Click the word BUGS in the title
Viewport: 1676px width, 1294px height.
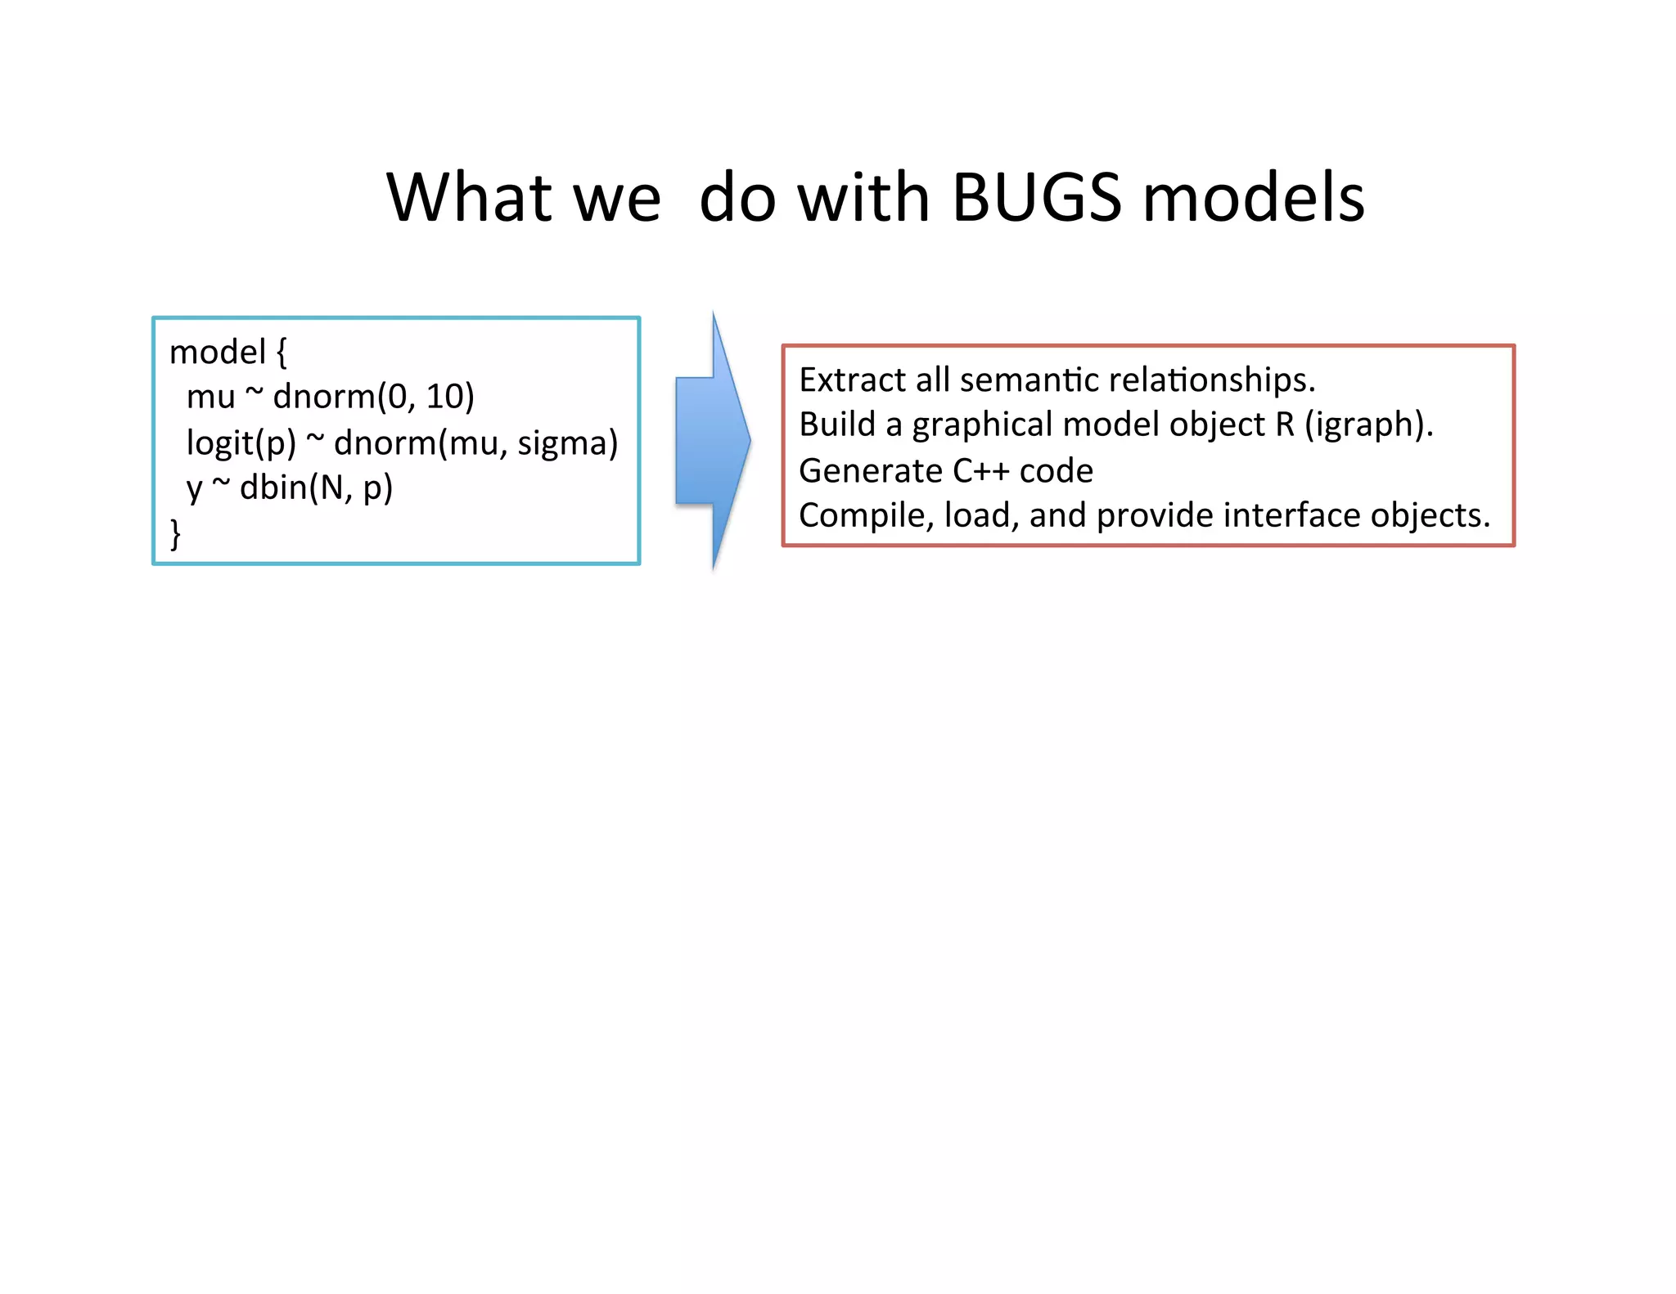coord(1036,198)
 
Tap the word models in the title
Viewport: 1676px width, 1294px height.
coord(1253,198)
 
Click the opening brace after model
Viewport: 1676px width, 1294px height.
coord(281,353)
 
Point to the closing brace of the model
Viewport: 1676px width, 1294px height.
coord(175,533)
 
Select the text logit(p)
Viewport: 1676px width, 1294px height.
coord(241,443)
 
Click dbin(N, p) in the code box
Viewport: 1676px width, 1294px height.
coord(316,488)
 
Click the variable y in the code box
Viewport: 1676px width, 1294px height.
coord(194,489)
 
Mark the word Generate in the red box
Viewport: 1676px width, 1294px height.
coord(870,471)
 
